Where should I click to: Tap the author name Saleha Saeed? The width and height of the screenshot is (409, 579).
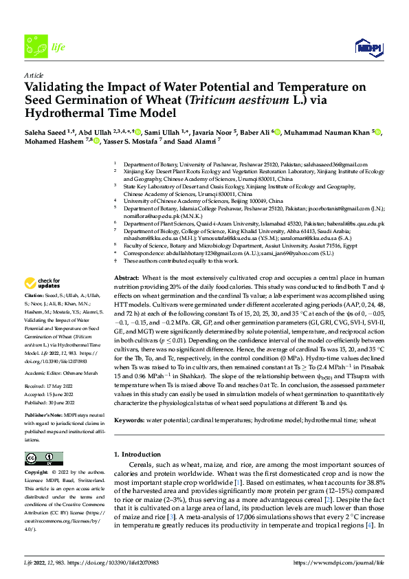pos(47,131)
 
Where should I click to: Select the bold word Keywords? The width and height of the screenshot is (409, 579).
pos(130,419)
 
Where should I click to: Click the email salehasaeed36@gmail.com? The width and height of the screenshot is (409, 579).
pos(333,164)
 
